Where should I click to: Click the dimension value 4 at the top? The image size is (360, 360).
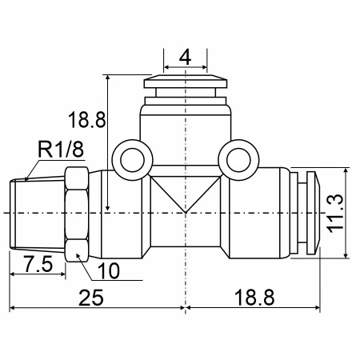click(185, 58)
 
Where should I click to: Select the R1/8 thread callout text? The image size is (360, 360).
click(61, 150)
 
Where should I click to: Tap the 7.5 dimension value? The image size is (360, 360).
click(39, 264)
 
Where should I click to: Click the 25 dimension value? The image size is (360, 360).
click(90, 298)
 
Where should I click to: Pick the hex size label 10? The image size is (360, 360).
click(109, 271)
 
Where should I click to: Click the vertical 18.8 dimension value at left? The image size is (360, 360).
click(87, 120)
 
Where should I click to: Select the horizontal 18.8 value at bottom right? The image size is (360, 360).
click(254, 298)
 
